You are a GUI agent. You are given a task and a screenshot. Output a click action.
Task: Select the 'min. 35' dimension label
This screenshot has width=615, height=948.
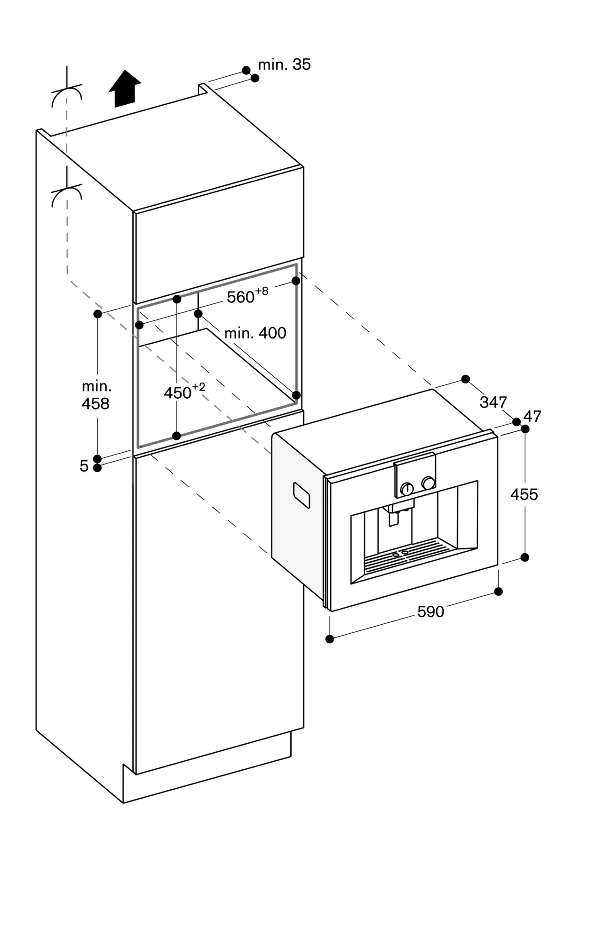coord(284,64)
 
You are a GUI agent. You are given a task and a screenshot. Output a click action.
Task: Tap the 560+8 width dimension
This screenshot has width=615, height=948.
coord(247,296)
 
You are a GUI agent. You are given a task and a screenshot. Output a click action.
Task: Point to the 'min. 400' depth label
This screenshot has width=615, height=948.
coord(255,333)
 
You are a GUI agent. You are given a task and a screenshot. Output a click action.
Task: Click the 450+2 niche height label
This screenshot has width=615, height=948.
coord(184,392)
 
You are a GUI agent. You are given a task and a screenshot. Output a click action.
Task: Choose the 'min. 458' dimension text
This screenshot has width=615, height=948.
coord(96,395)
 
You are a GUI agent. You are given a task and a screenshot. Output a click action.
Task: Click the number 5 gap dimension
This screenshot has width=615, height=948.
coord(84,466)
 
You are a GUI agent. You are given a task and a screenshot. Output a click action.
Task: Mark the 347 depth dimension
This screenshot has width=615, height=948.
coord(493,402)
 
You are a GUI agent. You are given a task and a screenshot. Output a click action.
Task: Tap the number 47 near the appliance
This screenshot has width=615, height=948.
coord(532,416)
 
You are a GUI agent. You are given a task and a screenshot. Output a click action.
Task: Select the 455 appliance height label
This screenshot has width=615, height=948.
coord(524,494)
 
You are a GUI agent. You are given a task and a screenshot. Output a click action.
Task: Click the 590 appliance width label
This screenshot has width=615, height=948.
coord(430,612)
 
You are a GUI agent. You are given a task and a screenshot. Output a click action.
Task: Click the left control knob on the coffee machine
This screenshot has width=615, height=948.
coord(407,489)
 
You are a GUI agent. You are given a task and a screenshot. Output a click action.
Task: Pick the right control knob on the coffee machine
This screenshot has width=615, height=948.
coord(429,483)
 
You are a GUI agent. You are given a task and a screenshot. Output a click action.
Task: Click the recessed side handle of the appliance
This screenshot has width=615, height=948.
coord(301,495)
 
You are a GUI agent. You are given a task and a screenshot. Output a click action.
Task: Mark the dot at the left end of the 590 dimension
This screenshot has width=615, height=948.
coord(330,639)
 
